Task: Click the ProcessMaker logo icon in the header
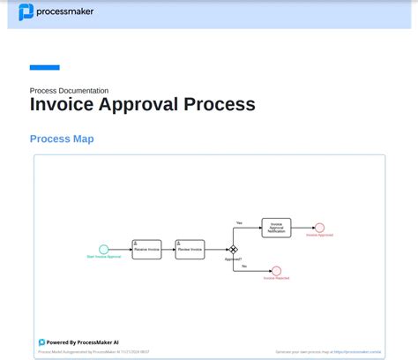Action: tap(26, 12)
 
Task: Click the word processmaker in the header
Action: tap(65, 12)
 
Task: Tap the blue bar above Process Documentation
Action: tap(45, 67)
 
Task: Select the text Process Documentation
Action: tap(70, 90)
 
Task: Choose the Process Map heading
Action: tap(62, 139)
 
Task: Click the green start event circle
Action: tap(104, 250)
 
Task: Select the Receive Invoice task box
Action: tap(146, 249)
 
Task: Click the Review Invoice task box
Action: tap(190, 249)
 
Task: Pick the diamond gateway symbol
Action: tap(234, 250)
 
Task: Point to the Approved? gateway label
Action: tap(233, 259)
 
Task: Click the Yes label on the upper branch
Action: tap(239, 222)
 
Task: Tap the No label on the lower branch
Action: tap(243, 266)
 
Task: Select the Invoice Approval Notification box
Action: tap(276, 228)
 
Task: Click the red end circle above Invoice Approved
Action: tap(319, 228)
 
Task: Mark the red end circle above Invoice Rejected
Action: tap(276, 271)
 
